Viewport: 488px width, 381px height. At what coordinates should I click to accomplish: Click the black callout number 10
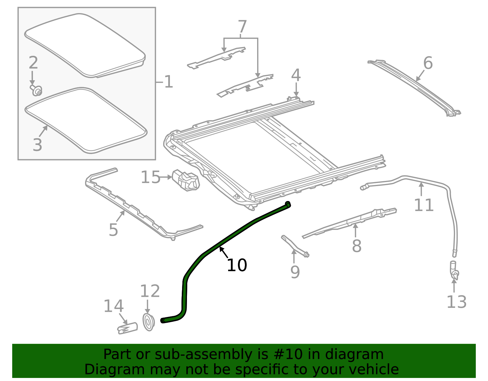click(237, 265)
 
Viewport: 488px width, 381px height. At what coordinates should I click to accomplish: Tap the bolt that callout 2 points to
click(36, 90)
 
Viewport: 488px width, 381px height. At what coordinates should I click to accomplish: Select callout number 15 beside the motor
click(150, 177)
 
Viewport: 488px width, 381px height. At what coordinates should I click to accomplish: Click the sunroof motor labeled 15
click(186, 180)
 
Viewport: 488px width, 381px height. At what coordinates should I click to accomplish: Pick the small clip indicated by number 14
click(127, 328)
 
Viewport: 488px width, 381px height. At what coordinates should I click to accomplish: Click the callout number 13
click(457, 302)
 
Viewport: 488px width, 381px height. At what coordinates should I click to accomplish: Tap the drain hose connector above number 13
click(454, 271)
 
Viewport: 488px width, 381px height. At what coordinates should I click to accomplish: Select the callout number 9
click(295, 272)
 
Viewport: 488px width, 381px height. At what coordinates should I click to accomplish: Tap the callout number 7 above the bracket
click(242, 27)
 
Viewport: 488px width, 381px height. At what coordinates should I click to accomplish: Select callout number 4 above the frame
click(296, 75)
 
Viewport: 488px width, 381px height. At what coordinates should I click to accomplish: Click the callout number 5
click(113, 230)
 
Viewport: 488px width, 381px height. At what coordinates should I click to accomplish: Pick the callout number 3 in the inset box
click(37, 145)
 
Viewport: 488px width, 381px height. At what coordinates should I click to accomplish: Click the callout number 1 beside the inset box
click(169, 82)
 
